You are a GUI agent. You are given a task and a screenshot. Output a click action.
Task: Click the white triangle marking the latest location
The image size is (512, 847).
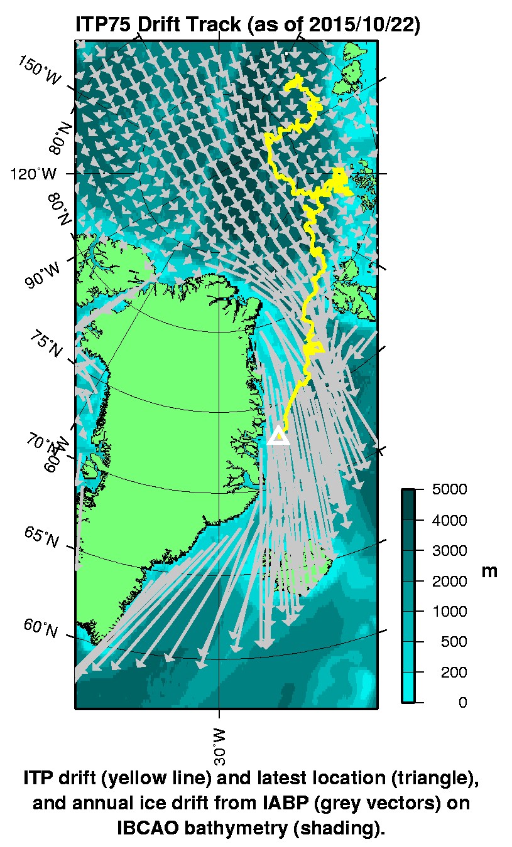pos(278,435)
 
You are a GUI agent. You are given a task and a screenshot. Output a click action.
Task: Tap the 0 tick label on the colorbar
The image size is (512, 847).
pos(462,703)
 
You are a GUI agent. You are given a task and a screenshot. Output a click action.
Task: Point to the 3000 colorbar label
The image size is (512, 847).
pos(450,551)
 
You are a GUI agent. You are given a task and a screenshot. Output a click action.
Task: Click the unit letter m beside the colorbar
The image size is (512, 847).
pos(489,571)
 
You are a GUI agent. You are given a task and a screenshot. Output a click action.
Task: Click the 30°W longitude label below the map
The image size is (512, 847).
pos(219,747)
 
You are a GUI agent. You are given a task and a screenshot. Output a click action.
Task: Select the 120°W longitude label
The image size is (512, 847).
pos(32,173)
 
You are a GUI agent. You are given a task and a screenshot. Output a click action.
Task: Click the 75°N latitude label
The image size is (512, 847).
pos(45,344)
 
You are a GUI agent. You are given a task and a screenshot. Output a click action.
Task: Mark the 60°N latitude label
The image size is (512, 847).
pos(41,627)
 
